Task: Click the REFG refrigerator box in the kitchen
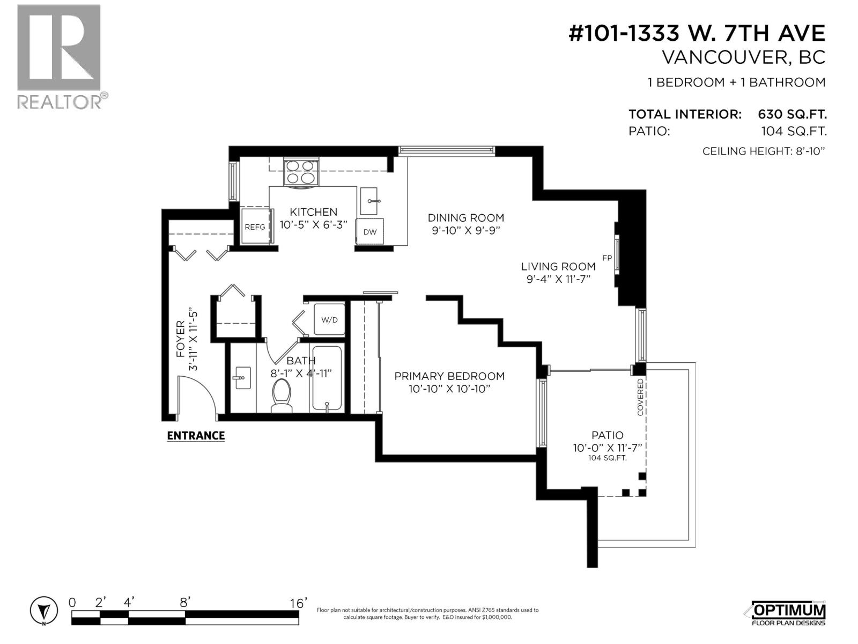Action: (255, 226)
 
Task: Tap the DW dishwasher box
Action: (369, 231)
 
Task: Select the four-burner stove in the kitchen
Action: (300, 172)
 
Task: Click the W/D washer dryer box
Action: (329, 320)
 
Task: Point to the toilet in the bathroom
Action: (282, 396)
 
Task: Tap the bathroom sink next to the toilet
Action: (242, 378)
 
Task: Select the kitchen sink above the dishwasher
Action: (369, 201)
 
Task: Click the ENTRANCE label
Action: (196, 435)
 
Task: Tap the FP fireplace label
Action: (607, 258)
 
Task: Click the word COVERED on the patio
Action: (640, 397)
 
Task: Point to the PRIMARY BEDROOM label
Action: (449, 376)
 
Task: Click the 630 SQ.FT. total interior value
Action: (792, 114)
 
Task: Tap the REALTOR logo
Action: (60, 56)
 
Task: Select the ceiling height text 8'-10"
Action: (808, 151)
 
